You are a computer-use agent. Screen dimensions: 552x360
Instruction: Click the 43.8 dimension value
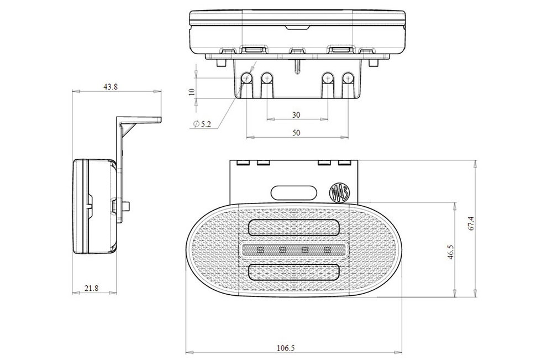coord(111,87)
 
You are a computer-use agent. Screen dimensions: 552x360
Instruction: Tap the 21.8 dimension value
coord(91,288)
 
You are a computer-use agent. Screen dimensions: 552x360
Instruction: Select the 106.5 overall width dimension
coord(286,348)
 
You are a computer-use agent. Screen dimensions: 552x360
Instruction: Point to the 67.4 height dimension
coord(471,223)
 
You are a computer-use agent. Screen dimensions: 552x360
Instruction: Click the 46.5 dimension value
coord(451,252)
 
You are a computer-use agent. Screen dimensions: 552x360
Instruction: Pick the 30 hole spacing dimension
coord(296,115)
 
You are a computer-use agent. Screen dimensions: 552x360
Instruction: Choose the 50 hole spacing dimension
coord(296,133)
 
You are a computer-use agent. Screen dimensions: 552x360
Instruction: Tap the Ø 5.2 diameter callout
coord(202,124)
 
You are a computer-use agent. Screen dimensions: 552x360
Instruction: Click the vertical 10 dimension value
coord(192,92)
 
